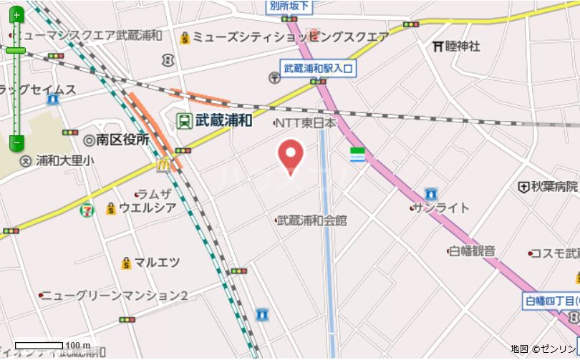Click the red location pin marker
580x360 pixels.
point(290,156)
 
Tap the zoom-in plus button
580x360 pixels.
point(16,14)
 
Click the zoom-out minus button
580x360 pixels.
point(16,142)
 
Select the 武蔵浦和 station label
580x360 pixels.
point(223,120)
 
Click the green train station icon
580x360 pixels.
point(184,120)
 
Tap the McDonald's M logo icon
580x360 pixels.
point(163,165)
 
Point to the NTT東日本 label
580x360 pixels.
point(306,123)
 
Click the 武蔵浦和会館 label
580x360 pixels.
point(311,220)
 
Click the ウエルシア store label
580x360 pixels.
point(147,208)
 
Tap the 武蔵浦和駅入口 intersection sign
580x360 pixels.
point(318,69)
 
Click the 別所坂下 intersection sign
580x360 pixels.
point(290,6)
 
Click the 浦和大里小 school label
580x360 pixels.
point(64,160)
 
